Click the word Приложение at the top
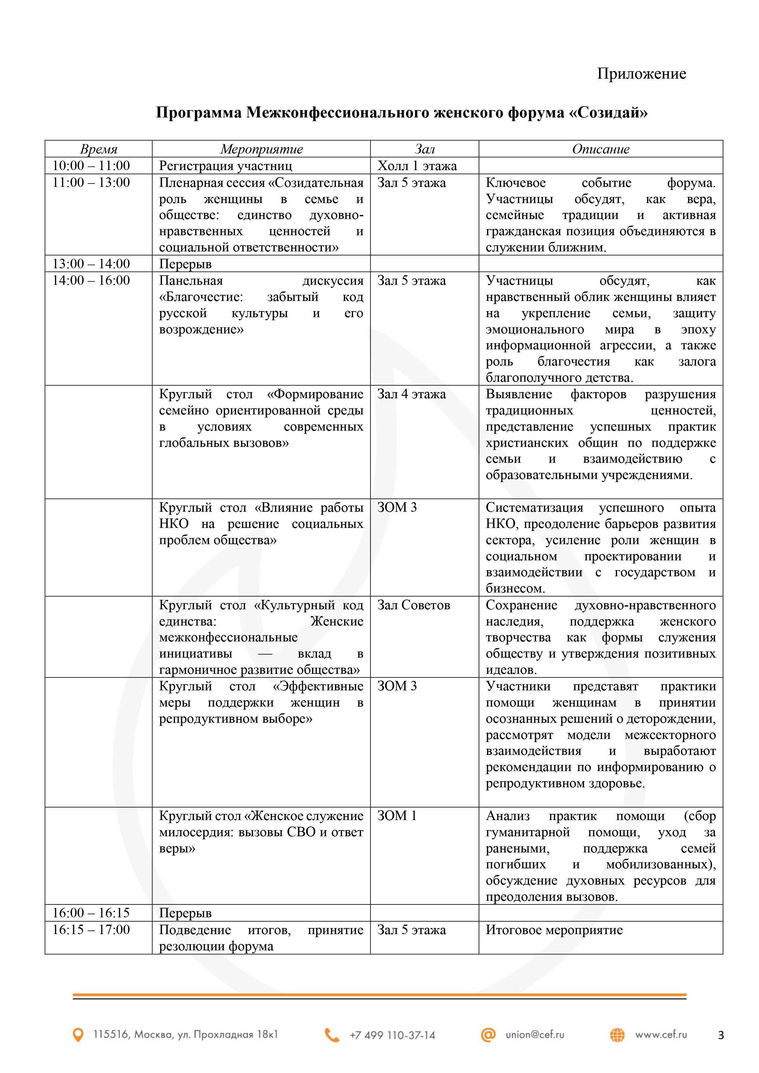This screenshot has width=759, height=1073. click(641, 74)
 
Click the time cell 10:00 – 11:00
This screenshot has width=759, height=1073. click(91, 165)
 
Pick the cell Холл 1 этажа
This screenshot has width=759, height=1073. click(417, 166)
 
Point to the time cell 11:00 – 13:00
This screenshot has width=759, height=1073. click(91, 182)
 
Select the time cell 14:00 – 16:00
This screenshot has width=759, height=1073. click(91, 280)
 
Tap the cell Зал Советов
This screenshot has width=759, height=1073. click(414, 605)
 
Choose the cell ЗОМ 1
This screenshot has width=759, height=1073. click(397, 816)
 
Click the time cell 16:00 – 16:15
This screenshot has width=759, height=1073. click(91, 913)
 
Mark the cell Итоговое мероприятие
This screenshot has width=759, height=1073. click(554, 930)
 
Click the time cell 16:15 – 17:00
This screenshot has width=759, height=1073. click(91, 930)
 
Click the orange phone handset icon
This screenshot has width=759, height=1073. click(332, 1035)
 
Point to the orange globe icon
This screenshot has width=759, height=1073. click(617, 1035)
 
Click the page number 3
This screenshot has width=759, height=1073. click(721, 1035)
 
